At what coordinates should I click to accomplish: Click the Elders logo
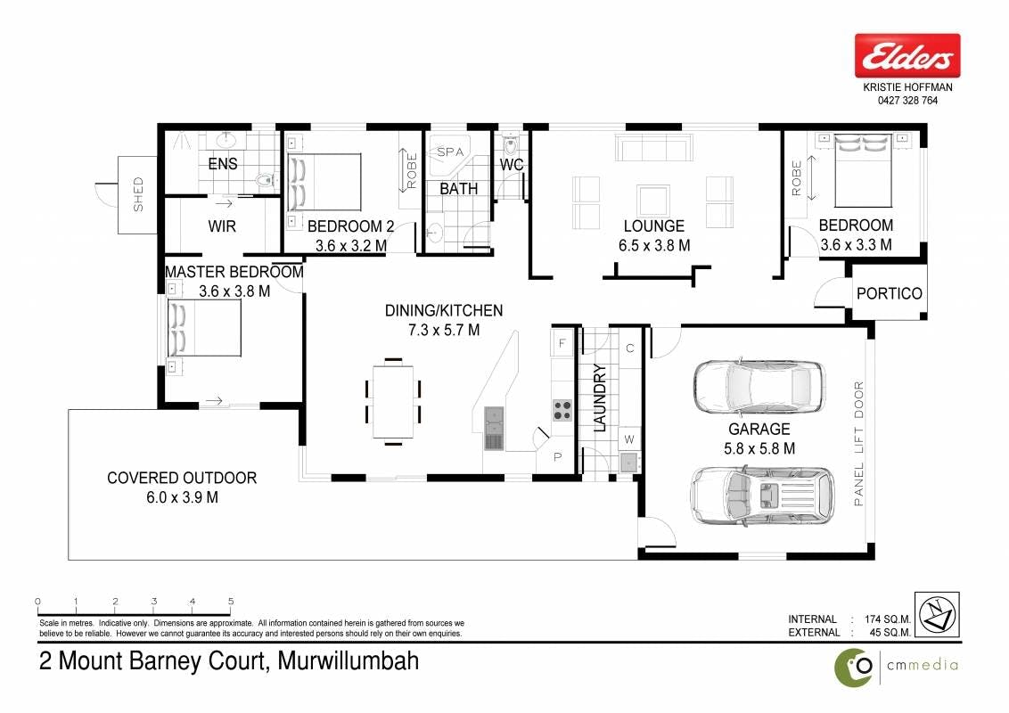(x=907, y=56)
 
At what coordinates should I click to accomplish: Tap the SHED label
(x=138, y=194)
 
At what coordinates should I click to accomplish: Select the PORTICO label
(x=890, y=293)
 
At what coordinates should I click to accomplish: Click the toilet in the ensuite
(x=266, y=180)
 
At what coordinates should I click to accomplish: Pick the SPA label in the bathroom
(x=450, y=152)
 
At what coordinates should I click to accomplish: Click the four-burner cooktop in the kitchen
(x=562, y=410)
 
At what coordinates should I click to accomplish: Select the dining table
(x=392, y=402)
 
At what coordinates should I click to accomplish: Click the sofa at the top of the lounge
(x=654, y=147)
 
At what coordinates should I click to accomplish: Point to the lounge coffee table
(x=653, y=201)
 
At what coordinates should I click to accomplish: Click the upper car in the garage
(x=759, y=387)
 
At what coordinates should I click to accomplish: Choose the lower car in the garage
(x=762, y=496)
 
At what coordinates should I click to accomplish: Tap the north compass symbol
(x=937, y=615)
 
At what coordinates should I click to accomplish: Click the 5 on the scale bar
(x=231, y=602)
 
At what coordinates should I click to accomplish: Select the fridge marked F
(x=562, y=343)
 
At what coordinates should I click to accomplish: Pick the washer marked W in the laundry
(x=629, y=438)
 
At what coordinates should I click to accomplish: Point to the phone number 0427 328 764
(x=907, y=101)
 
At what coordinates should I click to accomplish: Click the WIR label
(x=222, y=226)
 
